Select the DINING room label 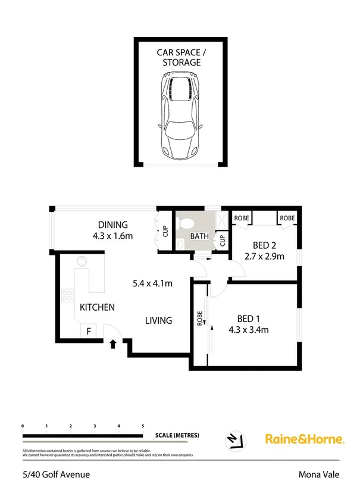[x=112, y=225]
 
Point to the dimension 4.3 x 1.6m [x=112, y=236]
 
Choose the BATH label [x=199, y=236]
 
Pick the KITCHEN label [x=97, y=307]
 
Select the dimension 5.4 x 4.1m [x=152, y=283]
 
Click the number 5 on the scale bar [x=143, y=426]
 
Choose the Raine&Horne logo [x=304, y=439]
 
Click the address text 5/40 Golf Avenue [x=56, y=474]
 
